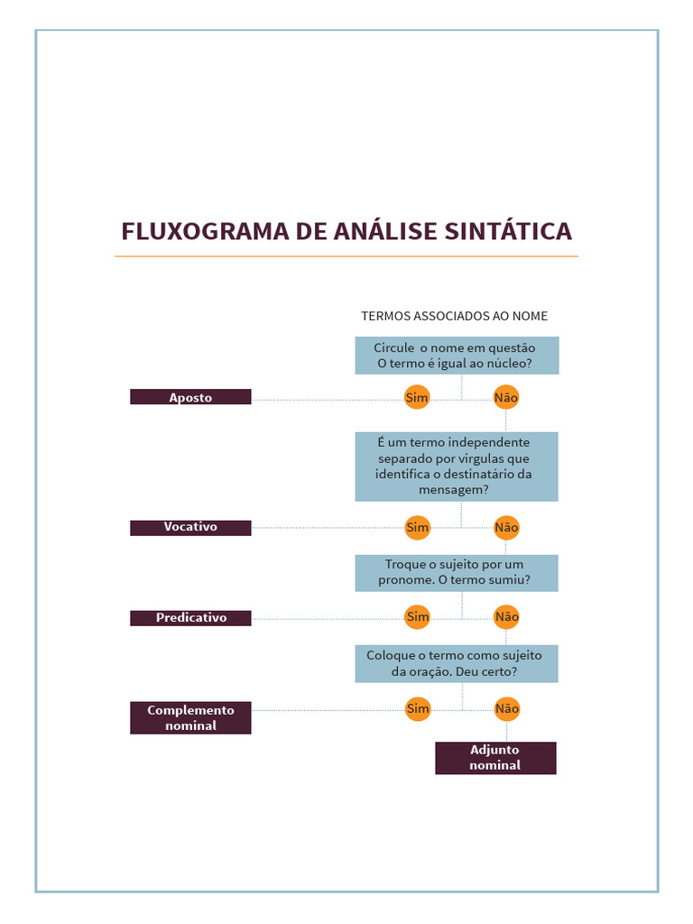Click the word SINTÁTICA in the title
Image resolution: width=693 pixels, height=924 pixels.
[508, 231]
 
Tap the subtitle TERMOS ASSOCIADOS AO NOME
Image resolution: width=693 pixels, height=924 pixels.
[454, 316]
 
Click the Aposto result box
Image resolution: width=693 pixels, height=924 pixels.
[190, 397]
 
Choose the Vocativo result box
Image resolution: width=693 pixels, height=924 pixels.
[190, 527]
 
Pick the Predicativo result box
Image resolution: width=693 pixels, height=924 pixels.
[190, 618]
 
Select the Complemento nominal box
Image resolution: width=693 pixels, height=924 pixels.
[190, 717]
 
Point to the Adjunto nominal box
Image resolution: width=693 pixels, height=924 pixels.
[495, 758]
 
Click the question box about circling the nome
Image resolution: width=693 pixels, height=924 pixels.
[456, 356]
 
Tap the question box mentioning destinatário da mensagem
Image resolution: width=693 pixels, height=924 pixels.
[456, 466]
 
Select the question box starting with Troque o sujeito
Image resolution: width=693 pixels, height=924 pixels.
[456, 572]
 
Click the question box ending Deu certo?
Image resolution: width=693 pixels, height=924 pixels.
[456, 663]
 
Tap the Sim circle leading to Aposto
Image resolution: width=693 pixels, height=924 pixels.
[416, 397]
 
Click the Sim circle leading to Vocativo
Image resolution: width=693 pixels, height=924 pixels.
[417, 527]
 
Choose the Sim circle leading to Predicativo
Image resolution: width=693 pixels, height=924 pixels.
[417, 617]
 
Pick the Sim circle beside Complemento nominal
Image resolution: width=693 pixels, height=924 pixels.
[417, 709]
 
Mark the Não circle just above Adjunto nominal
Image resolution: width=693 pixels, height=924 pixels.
[507, 709]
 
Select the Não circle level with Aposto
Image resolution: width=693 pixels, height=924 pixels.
[506, 397]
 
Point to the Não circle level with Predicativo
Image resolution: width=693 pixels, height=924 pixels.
[507, 617]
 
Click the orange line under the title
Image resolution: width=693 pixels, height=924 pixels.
[346, 257]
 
